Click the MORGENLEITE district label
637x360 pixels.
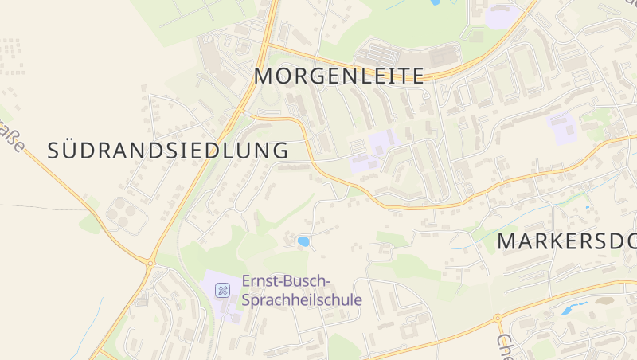(339, 76)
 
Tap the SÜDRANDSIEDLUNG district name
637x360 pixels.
(168, 150)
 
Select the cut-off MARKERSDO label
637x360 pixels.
(567, 242)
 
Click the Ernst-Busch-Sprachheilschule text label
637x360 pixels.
(301, 292)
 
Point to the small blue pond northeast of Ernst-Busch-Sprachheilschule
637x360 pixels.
(303, 241)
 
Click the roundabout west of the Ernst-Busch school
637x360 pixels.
(150, 262)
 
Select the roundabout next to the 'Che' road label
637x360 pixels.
(499, 319)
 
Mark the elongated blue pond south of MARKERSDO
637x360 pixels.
(573, 307)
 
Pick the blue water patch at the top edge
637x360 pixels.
(436, 2)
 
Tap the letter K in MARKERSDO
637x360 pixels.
(557, 242)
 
